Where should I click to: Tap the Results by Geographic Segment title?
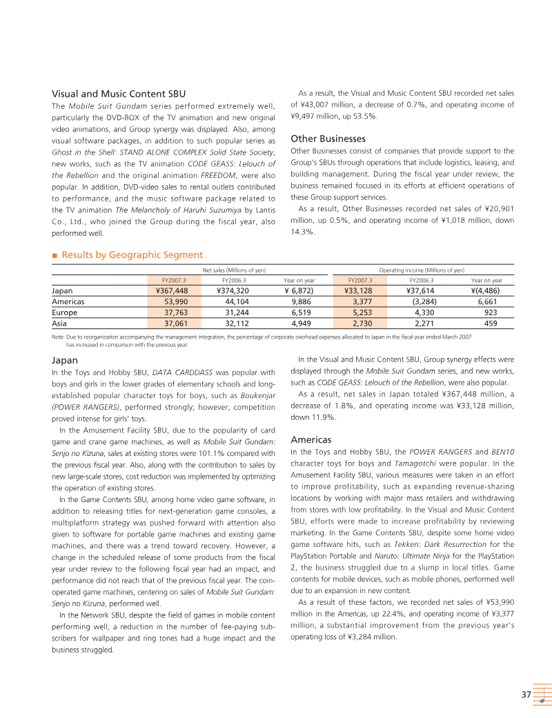(132, 255)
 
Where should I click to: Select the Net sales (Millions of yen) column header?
(234, 270)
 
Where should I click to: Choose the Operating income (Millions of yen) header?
(422, 270)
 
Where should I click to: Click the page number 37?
(526, 695)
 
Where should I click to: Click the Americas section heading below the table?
(311, 439)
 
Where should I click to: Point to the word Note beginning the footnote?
(58, 336)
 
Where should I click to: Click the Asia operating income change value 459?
(491, 322)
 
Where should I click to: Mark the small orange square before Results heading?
(55, 256)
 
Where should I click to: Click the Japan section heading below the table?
(65, 360)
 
